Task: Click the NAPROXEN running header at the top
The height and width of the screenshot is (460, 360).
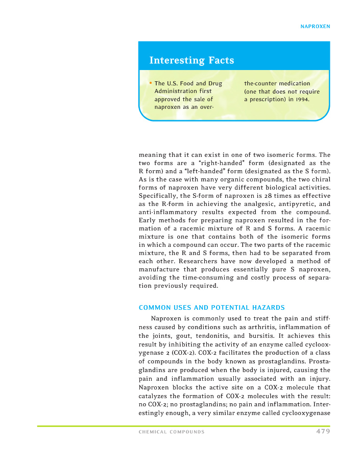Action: click(315, 26)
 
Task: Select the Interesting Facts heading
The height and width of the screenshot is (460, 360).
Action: click(191, 60)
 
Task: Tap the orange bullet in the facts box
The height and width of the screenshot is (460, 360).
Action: click(151, 83)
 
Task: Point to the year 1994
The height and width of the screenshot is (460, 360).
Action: click(302, 100)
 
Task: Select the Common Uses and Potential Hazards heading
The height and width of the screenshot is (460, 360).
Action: click(211, 307)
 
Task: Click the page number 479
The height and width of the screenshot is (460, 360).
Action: click(323, 431)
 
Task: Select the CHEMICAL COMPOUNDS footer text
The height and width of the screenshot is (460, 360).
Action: click(172, 432)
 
